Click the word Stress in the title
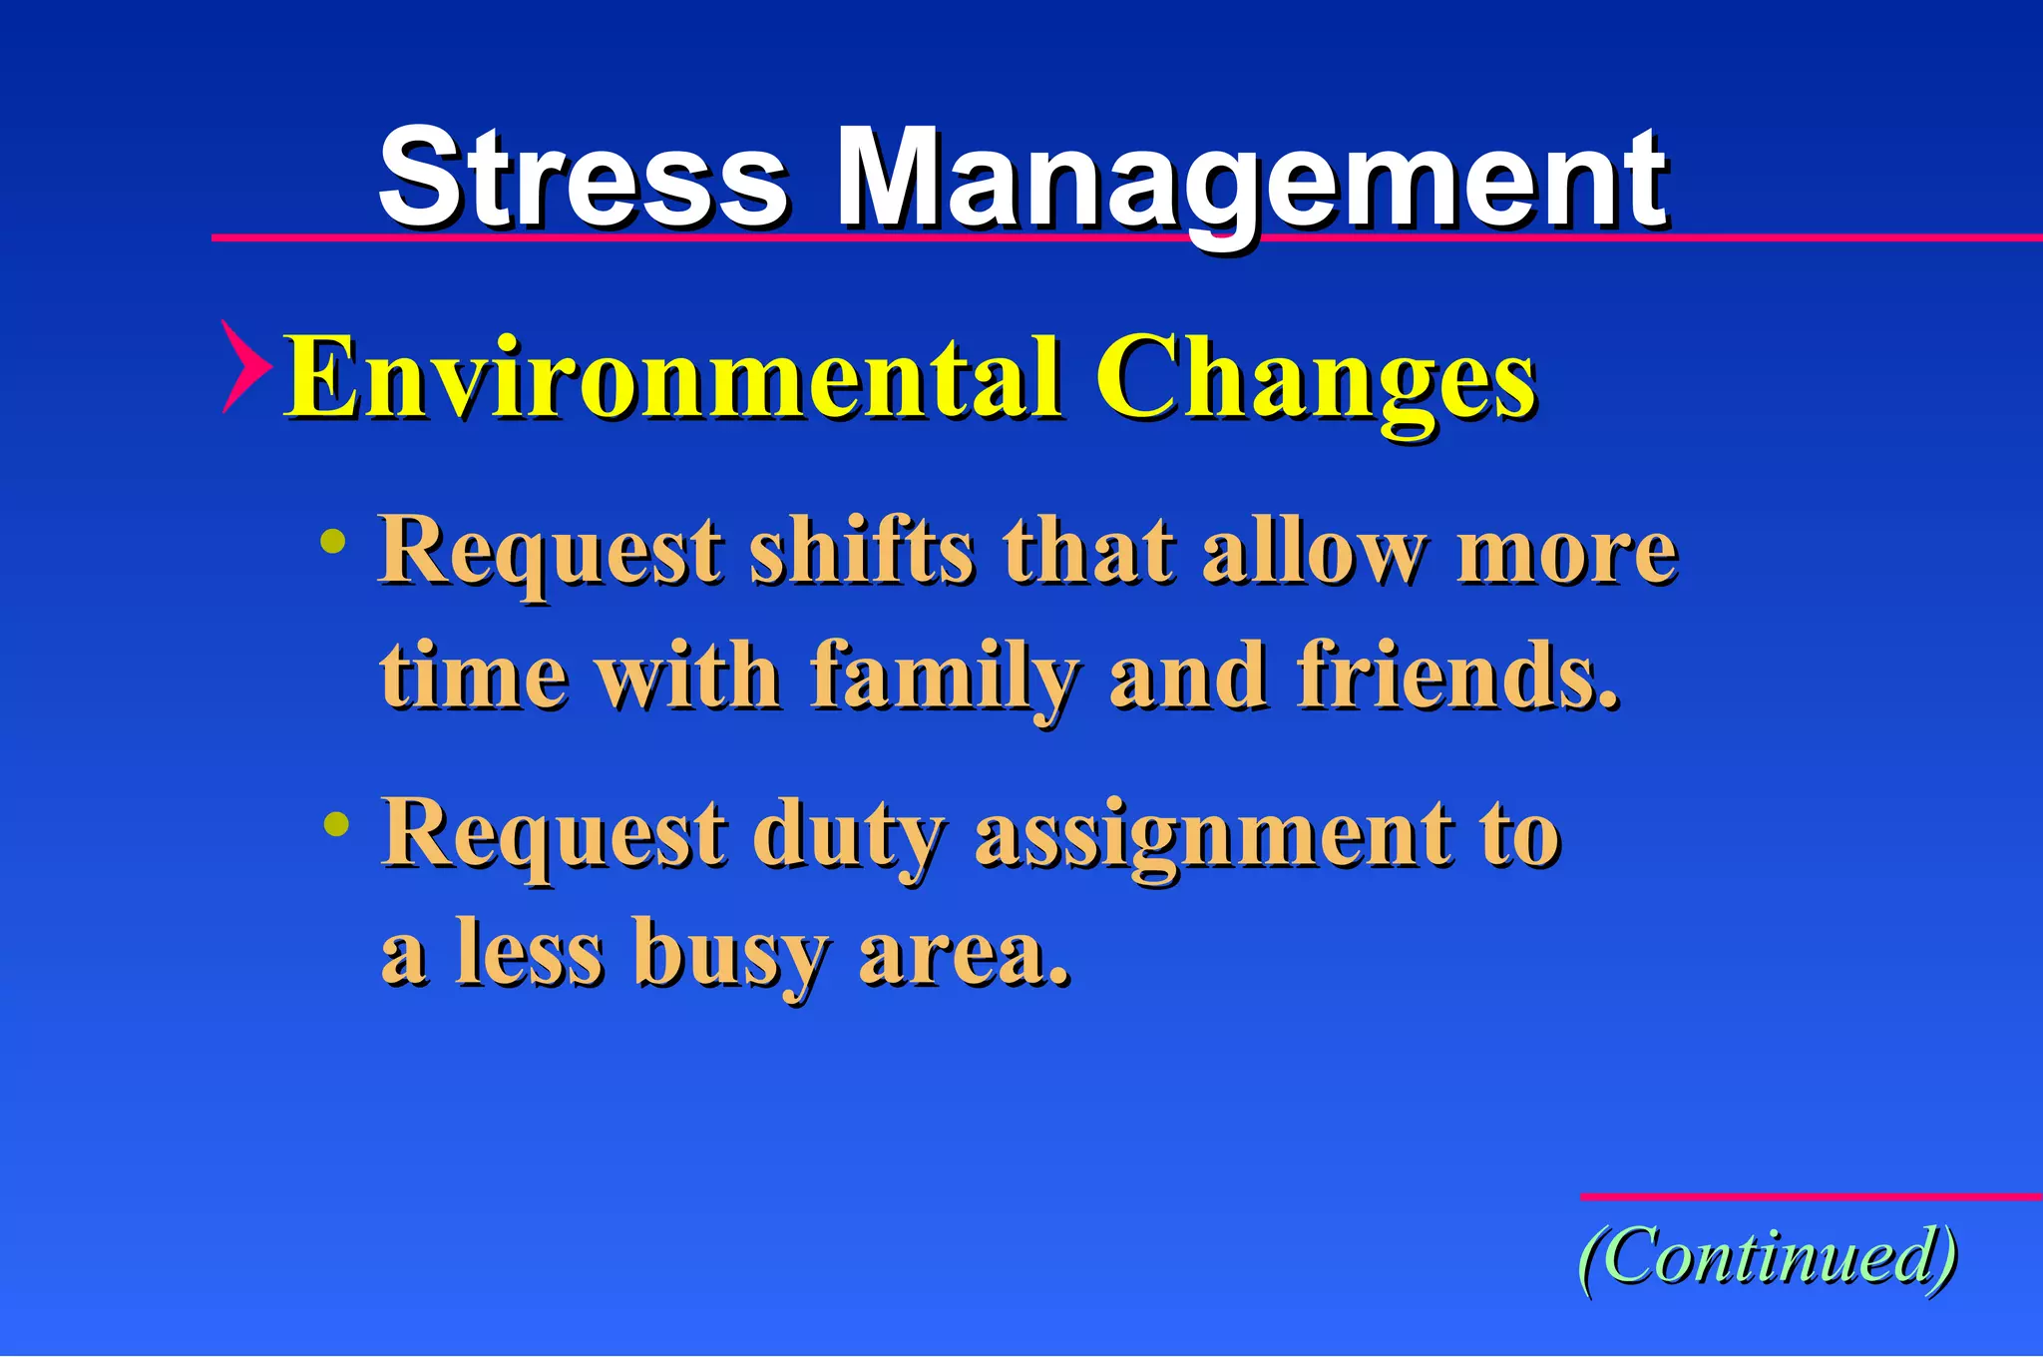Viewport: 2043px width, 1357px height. [x=584, y=180]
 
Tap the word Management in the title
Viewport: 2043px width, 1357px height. [x=1251, y=182]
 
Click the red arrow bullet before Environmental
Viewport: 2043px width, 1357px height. [x=243, y=367]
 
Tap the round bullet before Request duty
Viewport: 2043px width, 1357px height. [x=337, y=825]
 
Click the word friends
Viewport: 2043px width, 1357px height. [x=1457, y=677]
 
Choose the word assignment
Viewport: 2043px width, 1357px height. [x=1213, y=837]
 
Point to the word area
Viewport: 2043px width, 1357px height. [x=964, y=955]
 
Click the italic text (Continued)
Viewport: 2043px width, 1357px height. [x=1768, y=1257]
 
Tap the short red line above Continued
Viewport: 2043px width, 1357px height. [x=1811, y=1196]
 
